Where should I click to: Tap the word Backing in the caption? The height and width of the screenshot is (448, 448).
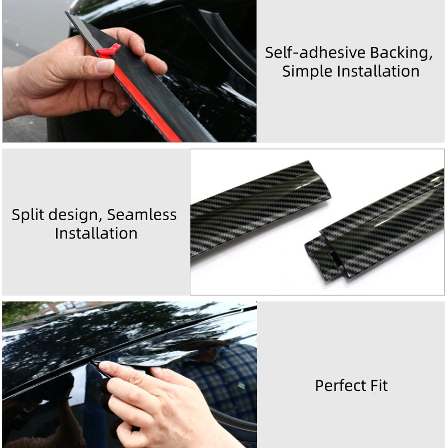click(x=401, y=53)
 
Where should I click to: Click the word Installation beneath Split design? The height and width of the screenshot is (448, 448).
click(x=96, y=234)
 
